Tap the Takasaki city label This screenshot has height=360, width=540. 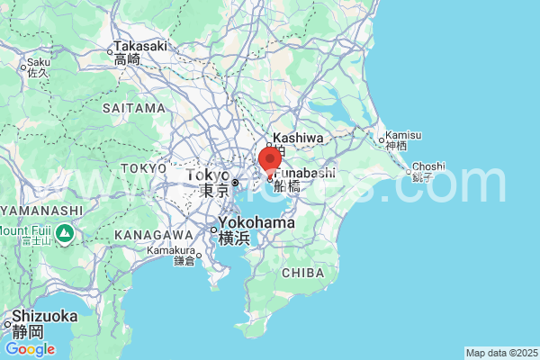click(139, 47)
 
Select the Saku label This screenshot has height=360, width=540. click(39, 63)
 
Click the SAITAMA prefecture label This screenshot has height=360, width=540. click(134, 108)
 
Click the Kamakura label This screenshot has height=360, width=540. click(173, 250)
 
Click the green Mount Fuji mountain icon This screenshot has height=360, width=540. click(64, 233)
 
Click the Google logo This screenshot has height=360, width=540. click(30, 349)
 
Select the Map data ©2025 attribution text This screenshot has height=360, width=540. click(500, 352)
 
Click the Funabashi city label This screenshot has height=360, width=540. click(304, 174)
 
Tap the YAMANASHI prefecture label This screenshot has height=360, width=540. click(40, 210)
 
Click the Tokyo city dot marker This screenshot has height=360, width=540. click(235, 183)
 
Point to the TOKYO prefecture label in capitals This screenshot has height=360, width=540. click(143, 168)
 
